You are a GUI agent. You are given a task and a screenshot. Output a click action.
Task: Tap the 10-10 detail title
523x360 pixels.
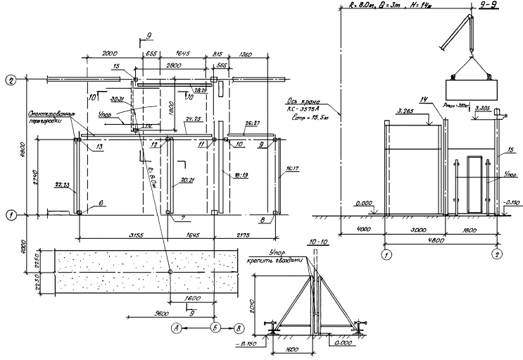tap(315, 242)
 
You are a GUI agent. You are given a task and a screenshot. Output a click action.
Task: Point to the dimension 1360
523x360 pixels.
tap(245, 53)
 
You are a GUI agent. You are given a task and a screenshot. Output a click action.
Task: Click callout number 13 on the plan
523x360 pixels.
tap(91, 146)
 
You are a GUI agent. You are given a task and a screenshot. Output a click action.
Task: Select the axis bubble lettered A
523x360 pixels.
tap(177, 328)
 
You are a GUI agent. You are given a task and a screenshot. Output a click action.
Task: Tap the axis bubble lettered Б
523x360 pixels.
tap(217, 328)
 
